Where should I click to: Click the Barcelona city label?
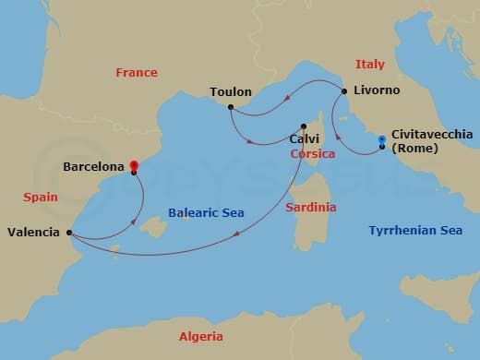pos(93,167)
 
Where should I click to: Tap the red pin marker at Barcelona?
pos(134,162)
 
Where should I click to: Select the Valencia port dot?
pos(69,233)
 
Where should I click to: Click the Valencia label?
pos(34,233)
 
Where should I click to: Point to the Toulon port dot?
pos(230,107)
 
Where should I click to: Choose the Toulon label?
pos(230,92)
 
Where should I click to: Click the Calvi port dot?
pos(303,126)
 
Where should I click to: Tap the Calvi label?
pos(304,139)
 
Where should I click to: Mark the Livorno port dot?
pos(343,90)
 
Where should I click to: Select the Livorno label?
pos(376,90)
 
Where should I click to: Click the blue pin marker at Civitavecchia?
pos(382,140)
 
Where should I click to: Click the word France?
pos(136,72)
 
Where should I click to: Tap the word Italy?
pos(369,64)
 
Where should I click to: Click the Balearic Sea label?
pos(206,213)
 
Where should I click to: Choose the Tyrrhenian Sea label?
pos(415,230)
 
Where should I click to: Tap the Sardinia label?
pos(310,207)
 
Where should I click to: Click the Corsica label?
pos(312,154)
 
